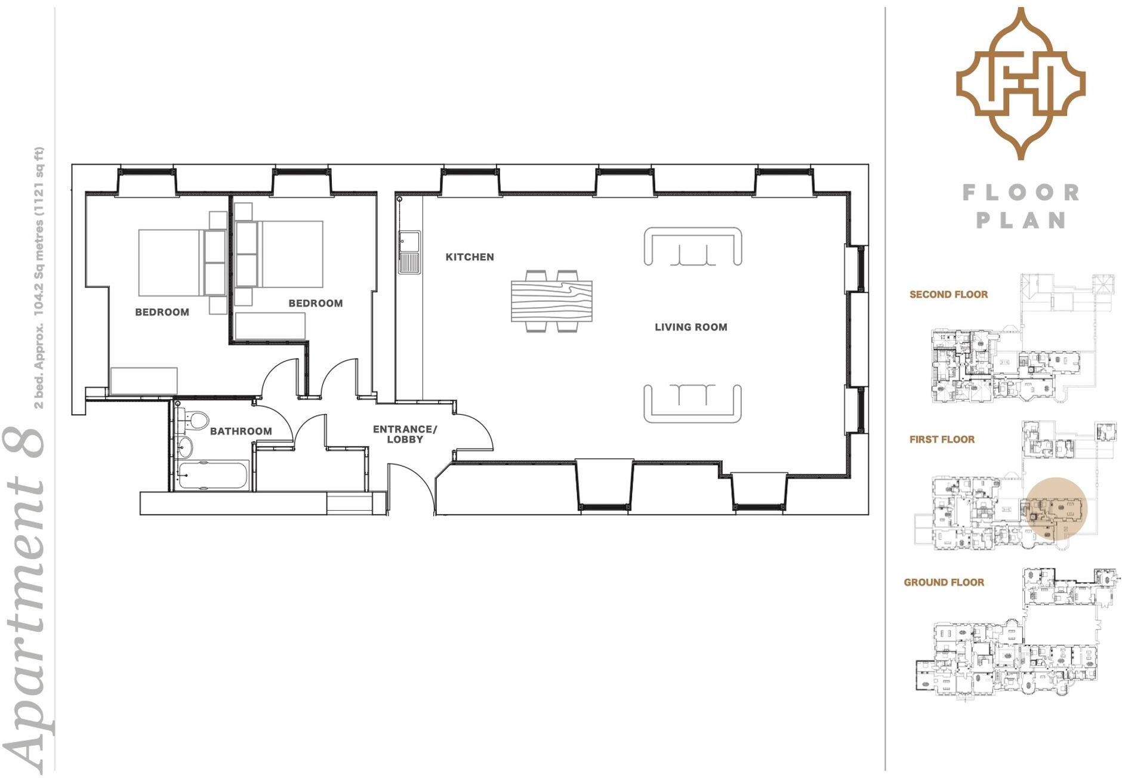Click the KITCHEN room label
point(470,257)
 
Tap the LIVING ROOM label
point(691,327)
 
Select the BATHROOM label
point(241,431)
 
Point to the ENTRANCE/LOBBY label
point(405,434)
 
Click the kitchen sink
point(409,252)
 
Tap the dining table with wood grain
point(551,301)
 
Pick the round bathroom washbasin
point(186,446)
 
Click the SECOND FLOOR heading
point(948,295)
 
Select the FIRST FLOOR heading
point(942,440)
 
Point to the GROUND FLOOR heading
point(944,582)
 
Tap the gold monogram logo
point(1021,84)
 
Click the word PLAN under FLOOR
point(1021,220)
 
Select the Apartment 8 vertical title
point(25,597)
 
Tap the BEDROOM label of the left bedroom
point(162,312)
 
